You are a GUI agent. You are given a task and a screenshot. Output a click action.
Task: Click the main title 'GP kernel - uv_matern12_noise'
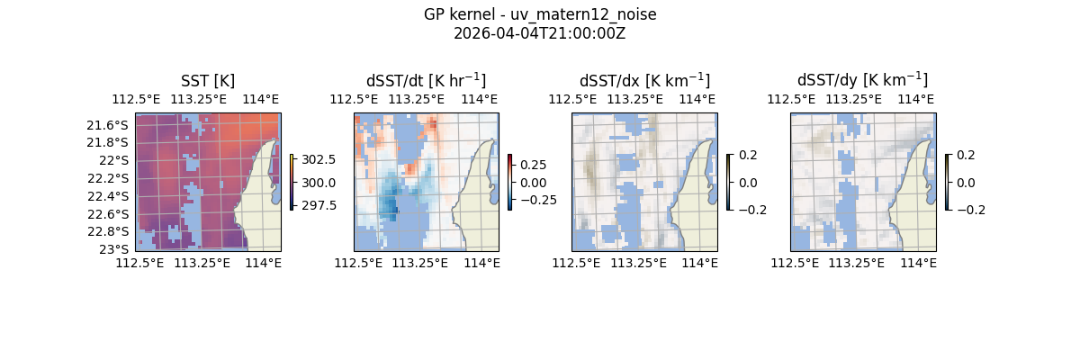point(540,14)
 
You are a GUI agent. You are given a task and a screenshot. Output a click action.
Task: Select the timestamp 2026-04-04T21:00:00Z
point(540,33)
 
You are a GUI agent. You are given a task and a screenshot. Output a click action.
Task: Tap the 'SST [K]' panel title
point(208,81)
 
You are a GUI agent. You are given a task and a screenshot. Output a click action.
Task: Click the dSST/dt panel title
point(426,81)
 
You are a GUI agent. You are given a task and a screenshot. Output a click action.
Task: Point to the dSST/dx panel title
point(644,81)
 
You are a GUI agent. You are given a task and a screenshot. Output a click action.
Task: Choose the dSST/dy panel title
point(862,81)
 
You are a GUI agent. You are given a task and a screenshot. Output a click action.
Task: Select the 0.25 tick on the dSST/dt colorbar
point(533,165)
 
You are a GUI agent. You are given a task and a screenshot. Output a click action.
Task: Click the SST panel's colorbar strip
point(292,182)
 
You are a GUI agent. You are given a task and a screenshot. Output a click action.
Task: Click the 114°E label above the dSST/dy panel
point(916,99)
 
